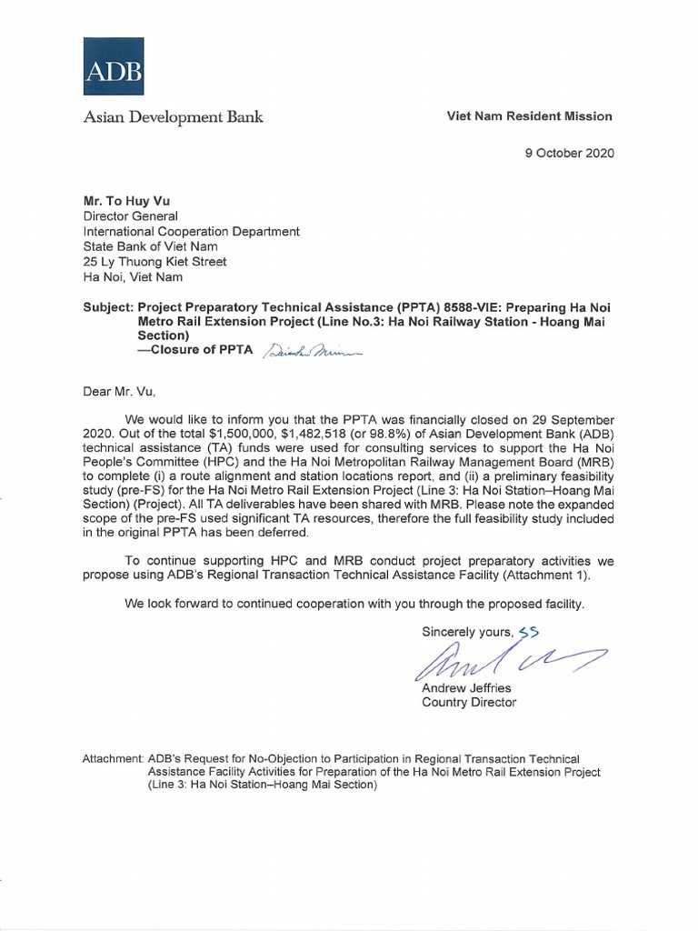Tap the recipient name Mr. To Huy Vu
coord(127,200)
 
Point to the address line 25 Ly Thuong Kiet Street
coord(155,262)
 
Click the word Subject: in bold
coord(108,307)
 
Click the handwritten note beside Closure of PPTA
coord(299,353)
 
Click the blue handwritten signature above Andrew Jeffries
coord(505,662)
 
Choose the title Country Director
coord(469,703)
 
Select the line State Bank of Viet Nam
coord(142,246)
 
